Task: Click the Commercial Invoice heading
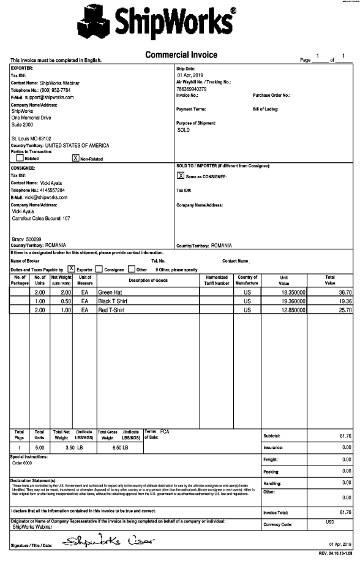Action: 181,55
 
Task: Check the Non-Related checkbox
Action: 76,158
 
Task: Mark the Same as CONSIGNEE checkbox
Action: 181,176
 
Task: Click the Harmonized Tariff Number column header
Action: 217,280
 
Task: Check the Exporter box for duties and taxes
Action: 72,268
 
